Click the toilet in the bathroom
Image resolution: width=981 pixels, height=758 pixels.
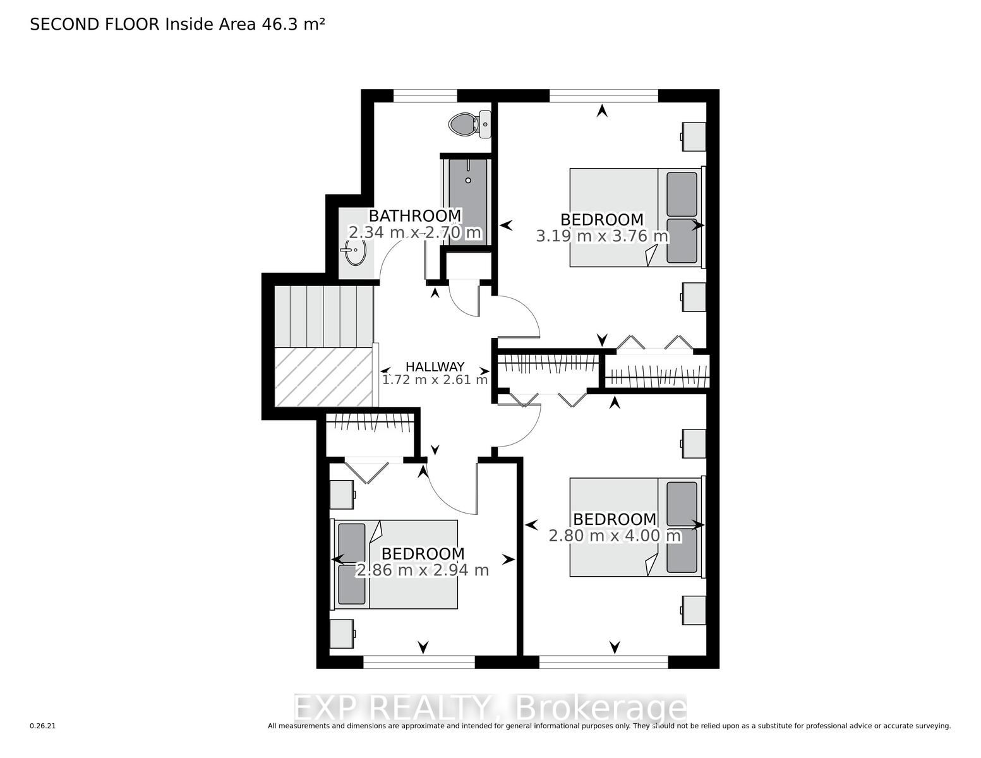click(x=469, y=124)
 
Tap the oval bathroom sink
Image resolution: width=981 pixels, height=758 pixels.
click(x=355, y=253)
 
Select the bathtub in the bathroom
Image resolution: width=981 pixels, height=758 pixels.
click(x=467, y=200)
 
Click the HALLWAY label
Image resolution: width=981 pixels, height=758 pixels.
click(x=435, y=366)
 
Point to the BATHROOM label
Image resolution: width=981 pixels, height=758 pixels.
click(x=415, y=216)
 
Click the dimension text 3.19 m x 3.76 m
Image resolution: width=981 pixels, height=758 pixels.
click(x=602, y=236)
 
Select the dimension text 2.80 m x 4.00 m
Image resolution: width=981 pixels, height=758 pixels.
click(x=615, y=536)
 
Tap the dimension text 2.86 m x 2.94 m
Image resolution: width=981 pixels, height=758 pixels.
click(x=423, y=570)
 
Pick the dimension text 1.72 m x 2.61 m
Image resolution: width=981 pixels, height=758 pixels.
click(x=435, y=380)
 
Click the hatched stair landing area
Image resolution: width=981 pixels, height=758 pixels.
click(x=323, y=377)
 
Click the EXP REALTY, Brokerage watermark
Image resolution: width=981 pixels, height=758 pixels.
click(x=490, y=708)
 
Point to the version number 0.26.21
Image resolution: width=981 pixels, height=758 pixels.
click(x=42, y=726)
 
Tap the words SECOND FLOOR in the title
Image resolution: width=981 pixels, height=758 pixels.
click(x=95, y=25)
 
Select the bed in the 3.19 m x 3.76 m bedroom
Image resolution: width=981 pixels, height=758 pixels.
click(x=637, y=217)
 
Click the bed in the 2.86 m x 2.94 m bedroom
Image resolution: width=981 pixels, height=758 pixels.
click(x=395, y=564)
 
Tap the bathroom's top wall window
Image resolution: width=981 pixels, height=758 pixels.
click(x=425, y=96)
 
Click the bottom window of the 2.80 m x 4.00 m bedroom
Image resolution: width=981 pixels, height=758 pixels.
click(x=604, y=662)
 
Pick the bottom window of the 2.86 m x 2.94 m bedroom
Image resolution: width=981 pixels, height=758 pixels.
click(x=419, y=662)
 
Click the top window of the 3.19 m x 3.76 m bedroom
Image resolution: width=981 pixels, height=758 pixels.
click(x=604, y=96)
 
